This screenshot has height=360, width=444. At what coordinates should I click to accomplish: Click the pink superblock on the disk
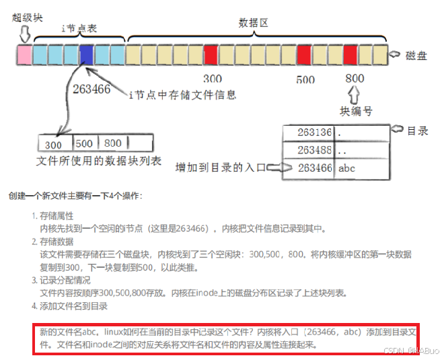[x=25, y=54]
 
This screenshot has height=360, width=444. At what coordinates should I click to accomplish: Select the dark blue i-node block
[x=87, y=54]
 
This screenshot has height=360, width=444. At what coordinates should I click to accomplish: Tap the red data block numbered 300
[x=211, y=54]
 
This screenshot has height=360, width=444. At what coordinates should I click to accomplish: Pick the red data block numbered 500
[x=304, y=54]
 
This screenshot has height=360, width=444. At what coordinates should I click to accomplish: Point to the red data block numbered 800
[x=350, y=54]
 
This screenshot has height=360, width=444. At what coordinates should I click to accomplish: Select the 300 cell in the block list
[x=54, y=143]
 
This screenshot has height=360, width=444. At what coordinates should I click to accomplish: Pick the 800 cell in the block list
[x=113, y=143]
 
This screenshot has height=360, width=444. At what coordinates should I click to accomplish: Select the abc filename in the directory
[x=346, y=168]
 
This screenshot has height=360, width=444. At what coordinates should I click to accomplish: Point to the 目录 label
[x=418, y=131]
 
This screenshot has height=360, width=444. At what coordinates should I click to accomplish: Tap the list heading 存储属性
[x=57, y=217]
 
